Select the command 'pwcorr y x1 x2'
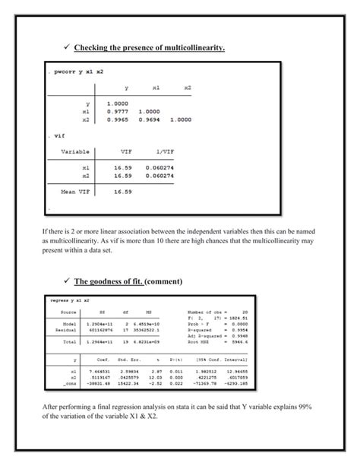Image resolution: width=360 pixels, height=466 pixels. [x=77, y=71]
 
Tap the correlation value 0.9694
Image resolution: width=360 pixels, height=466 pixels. [x=150, y=119]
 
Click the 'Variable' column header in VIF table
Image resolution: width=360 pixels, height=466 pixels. [x=77, y=151]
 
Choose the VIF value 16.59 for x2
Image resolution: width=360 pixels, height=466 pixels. [x=123, y=176]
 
